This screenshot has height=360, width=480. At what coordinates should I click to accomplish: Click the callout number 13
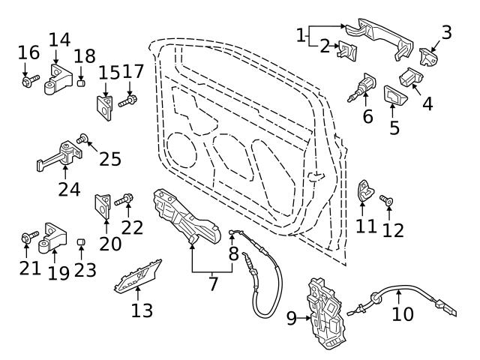click(141, 310)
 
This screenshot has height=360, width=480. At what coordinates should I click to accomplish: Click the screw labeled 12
click(387, 201)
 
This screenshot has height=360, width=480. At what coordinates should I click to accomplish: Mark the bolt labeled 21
click(27, 239)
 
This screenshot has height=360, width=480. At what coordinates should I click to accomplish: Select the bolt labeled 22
click(125, 199)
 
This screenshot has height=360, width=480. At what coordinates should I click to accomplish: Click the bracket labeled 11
click(364, 192)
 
